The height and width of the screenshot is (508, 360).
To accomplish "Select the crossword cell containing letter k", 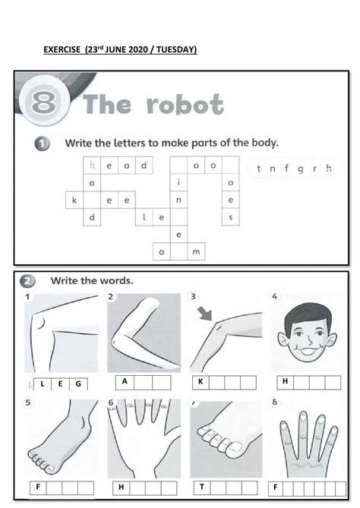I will [x=74, y=200].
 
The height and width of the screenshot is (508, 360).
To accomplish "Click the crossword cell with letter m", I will [x=196, y=252].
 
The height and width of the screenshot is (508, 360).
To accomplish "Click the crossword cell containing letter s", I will [x=231, y=218].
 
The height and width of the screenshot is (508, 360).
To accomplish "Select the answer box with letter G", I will [x=77, y=384].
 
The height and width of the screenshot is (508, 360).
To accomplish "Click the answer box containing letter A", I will [x=124, y=382].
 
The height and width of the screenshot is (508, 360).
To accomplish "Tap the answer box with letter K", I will [x=201, y=382].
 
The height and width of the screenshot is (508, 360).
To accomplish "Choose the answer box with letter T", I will [x=202, y=486].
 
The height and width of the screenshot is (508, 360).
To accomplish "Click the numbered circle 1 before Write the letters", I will [x=42, y=143].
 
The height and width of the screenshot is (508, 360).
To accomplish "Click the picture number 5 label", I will [x=28, y=403].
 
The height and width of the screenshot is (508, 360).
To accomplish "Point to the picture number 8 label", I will [x=274, y=402].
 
